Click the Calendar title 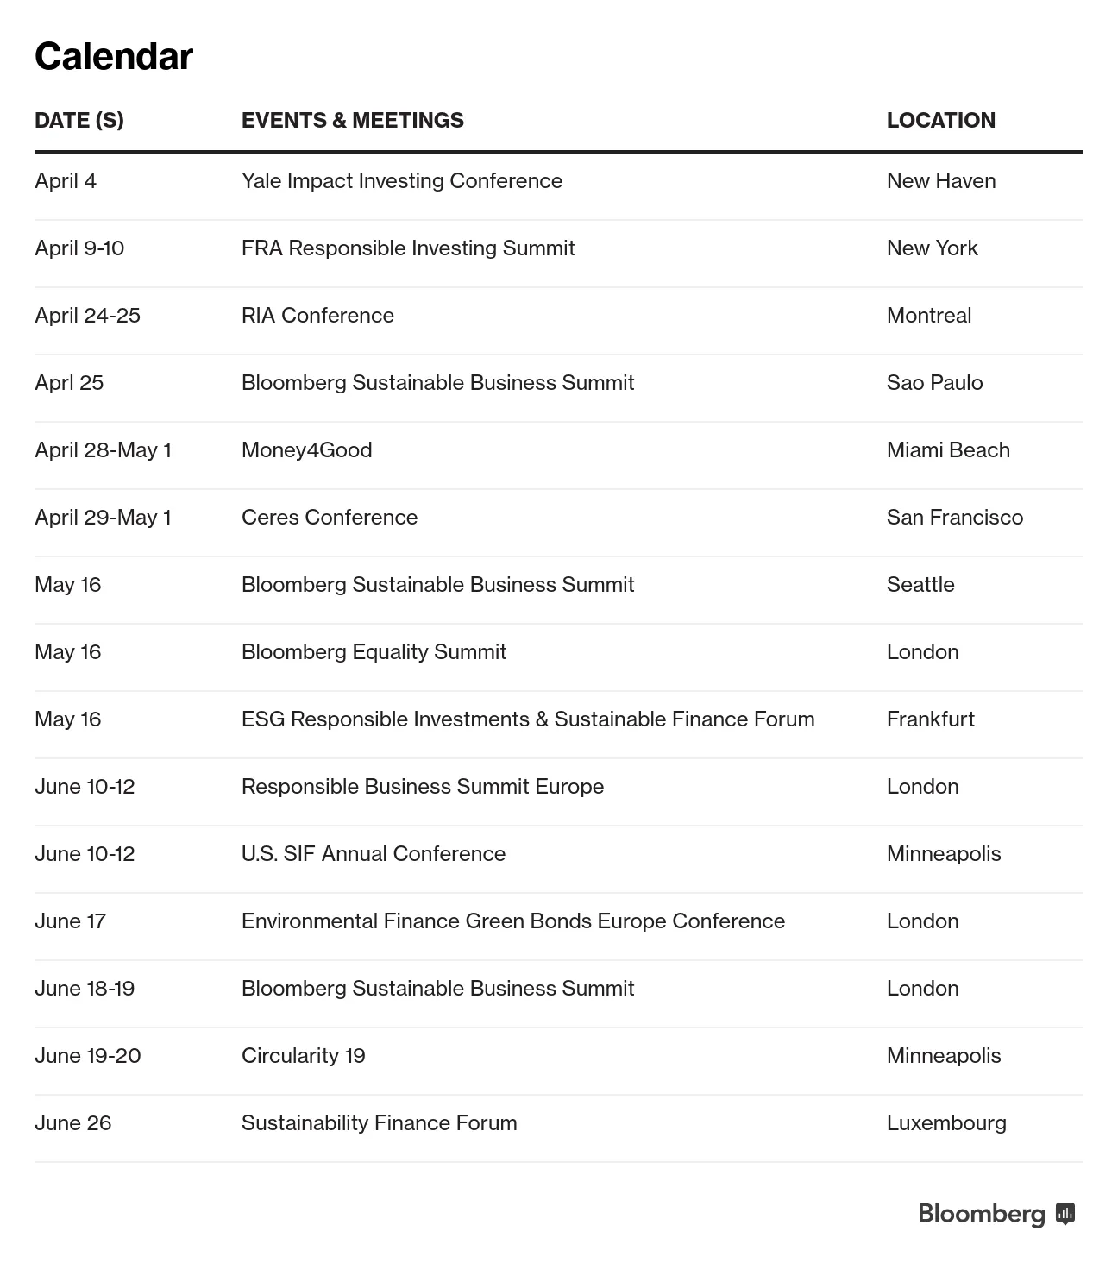pyautogui.click(x=114, y=57)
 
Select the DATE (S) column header pyautogui.click(x=79, y=120)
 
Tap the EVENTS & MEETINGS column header pyautogui.click(x=352, y=120)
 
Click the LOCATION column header pyautogui.click(x=940, y=120)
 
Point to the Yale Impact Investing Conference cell pyautogui.click(x=402, y=181)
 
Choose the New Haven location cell pyautogui.click(x=941, y=181)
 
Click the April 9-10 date pyautogui.click(x=79, y=248)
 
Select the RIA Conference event pyautogui.click(x=317, y=316)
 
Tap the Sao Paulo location pyautogui.click(x=934, y=383)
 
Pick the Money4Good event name pyautogui.click(x=306, y=450)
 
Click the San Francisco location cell pyautogui.click(x=954, y=518)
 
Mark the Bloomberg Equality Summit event pyautogui.click(x=374, y=652)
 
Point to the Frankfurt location pyautogui.click(x=930, y=719)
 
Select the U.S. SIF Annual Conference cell pyautogui.click(x=374, y=854)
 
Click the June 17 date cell pyautogui.click(x=70, y=921)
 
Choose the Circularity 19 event pyautogui.click(x=303, y=1056)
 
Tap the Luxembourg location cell pyautogui.click(x=946, y=1123)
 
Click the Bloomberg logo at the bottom pyautogui.click(x=996, y=1214)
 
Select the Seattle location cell pyautogui.click(x=920, y=585)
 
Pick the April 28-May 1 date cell pyautogui.click(x=103, y=450)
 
